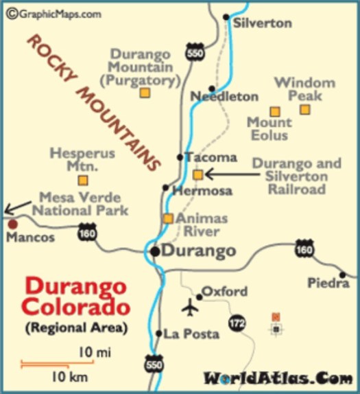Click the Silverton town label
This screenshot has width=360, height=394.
[x=263, y=23]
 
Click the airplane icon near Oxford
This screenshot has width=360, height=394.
[x=190, y=308]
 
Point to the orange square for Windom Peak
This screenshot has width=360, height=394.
[x=305, y=109]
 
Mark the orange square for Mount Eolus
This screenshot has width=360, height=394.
[x=274, y=111]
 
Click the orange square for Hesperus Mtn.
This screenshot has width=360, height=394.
[x=83, y=181]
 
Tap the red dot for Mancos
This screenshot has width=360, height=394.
[x=12, y=224]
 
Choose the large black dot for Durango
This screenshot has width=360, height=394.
[x=156, y=251]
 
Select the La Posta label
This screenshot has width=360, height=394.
[x=191, y=334]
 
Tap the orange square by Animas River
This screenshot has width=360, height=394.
[x=168, y=218]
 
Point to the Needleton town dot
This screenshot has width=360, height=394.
[x=213, y=89]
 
